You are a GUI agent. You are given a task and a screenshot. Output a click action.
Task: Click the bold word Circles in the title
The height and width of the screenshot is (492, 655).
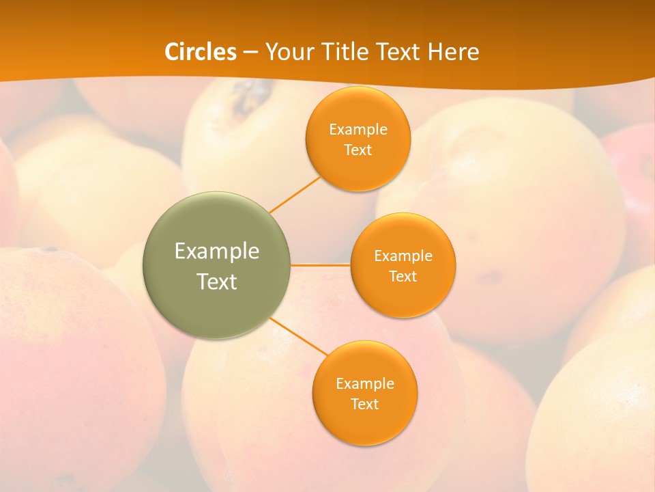point(201,52)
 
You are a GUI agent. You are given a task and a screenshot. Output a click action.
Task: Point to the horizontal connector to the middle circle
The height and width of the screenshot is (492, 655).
point(321,264)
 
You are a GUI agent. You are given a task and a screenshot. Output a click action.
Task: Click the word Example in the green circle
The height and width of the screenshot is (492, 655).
point(217,251)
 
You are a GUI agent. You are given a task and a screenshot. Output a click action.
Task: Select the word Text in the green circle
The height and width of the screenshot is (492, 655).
point(217,282)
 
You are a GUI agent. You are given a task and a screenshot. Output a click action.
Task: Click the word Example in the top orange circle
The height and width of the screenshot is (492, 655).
point(358,130)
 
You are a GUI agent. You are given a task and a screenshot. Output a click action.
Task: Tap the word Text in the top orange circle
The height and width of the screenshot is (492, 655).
point(358,150)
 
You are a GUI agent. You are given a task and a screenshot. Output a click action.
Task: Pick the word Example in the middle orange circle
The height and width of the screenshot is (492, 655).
point(403,256)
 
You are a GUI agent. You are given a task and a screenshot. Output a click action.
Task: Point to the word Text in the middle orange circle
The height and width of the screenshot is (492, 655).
point(403,277)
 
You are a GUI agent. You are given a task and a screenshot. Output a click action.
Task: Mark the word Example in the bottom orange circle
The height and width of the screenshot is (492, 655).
point(365,384)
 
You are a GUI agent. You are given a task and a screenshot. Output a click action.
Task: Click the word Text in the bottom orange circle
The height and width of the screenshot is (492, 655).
point(365,405)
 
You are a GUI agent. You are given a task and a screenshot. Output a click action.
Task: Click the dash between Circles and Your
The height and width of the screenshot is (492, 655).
point(250,53)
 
